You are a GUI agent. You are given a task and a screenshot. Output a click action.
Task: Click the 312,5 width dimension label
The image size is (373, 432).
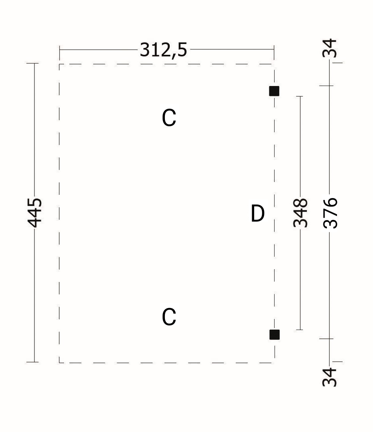point(163,50)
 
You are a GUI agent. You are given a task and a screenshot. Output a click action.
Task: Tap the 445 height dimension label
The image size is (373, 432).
point(35,213)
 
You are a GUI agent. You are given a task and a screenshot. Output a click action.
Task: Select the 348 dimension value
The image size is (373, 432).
point(300,213)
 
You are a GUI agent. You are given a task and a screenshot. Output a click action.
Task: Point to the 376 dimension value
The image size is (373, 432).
point(330,213)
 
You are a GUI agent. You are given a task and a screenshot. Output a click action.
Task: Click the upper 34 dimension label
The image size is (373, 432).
point(330,48)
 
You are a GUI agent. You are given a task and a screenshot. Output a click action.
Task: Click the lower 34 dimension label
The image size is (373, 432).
point(330,377)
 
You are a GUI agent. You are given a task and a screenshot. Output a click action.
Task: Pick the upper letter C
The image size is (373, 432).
point(169,118)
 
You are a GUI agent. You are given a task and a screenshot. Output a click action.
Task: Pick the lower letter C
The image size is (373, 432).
point(169,317)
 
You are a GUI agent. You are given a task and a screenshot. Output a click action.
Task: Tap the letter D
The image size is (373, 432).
point(257,214)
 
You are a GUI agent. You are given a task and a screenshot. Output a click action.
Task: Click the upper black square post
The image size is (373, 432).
point(274,91)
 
